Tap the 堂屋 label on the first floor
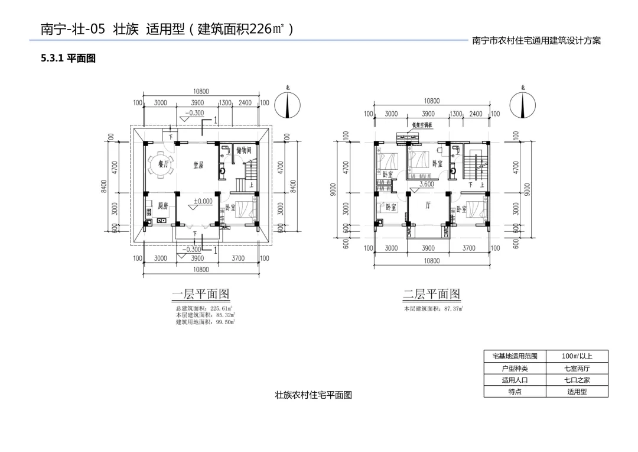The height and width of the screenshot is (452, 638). pyautogui.click(x=198, y=165)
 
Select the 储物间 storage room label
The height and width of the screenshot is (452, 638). pyautogui.click(x=244, y=150)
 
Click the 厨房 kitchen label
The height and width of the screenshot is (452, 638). pyautogui.click(x=163, y=206)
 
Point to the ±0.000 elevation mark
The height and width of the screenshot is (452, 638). pyautogui.click(x=203, y=201)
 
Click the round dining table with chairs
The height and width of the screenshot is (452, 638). pyautogui.click(x=160, y=166)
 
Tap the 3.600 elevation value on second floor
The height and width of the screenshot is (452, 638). pyautogui.click(x=427, y=185)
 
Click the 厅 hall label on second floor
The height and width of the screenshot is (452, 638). pyautogui.click(x=428, y=206)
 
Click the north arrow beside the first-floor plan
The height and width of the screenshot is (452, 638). pyautogui.click(x=288, y=106)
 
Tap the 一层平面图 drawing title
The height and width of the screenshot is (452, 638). pyautogui.click(x=200, y=294)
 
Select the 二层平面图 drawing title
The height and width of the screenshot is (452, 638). pyautogui.click(x=431, y=294)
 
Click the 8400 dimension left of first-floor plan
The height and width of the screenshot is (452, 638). pyautogui.click(x=104, y=186)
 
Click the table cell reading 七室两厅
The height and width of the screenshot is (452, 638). pyautogui.click(x=577, y=368)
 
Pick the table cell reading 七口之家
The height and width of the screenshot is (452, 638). pyautogui.click(x=577, y=380)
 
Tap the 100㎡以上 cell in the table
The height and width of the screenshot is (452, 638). pyautogui.click(x=577, y=356)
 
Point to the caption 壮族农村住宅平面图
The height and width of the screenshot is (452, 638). pyautogui.click(x=313, y=395)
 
